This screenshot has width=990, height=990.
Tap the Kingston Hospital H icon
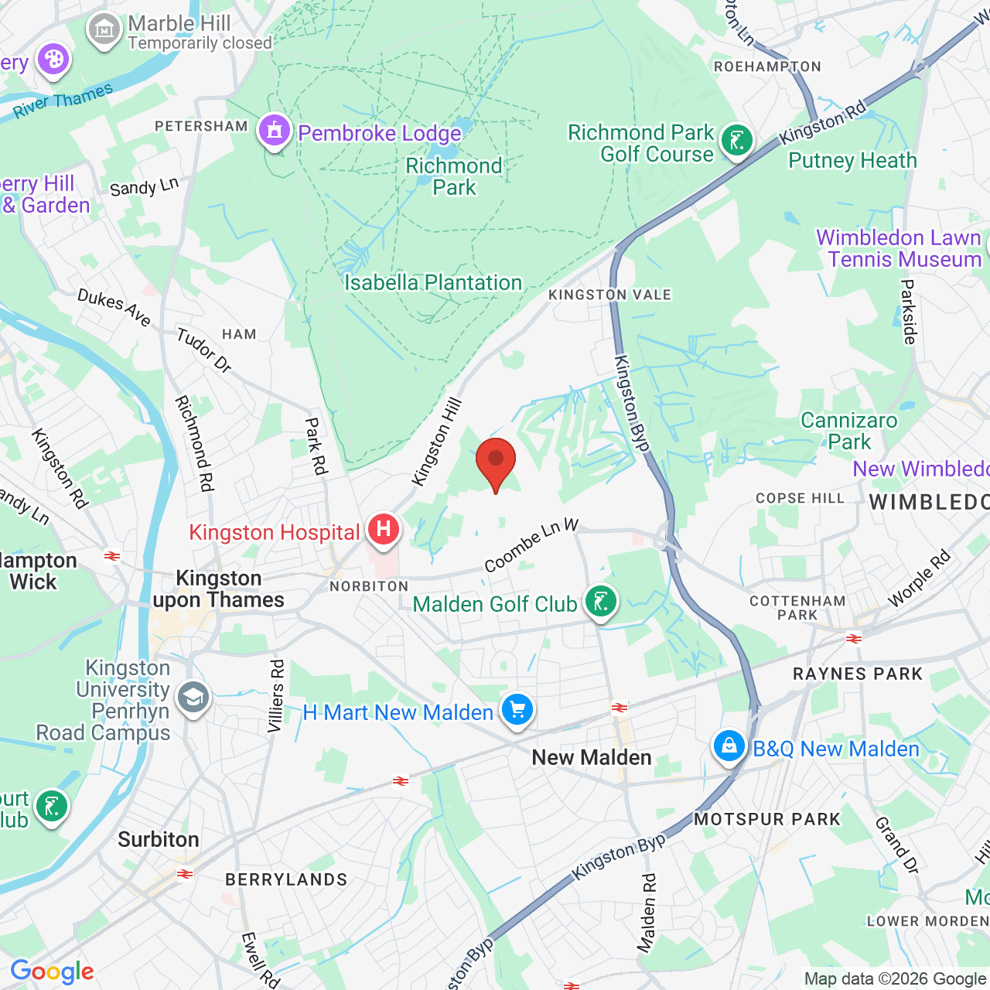pos(383,530)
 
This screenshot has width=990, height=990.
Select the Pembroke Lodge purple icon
pos(275,131)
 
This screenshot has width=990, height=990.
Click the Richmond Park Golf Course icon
pos(736,142)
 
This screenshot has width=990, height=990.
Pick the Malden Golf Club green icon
pos(601,601)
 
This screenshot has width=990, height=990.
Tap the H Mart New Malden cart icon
pos(517,709)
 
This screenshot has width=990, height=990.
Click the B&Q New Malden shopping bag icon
pos(729,746)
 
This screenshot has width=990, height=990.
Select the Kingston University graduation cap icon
pos(193,698)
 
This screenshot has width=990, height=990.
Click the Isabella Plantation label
pos(433,283)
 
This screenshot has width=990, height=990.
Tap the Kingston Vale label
pos(609,295)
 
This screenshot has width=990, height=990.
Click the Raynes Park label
pos(858,674)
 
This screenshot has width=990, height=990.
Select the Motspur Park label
pos(766,819)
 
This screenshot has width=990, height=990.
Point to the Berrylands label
pos(286,879)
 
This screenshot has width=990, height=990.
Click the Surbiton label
pos(159,840)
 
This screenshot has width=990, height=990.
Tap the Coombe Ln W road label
pos(531,546)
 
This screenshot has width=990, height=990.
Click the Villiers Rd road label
pos(276,696)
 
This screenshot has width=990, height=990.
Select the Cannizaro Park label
pos(849,431)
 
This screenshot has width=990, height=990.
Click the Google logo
pos(52,971)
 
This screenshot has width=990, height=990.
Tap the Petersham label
pos(201,126)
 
